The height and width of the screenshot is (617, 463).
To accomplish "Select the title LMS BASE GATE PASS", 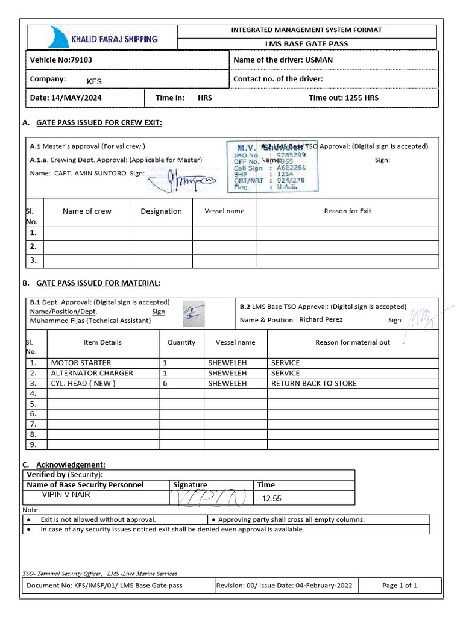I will click(x=307, y=43).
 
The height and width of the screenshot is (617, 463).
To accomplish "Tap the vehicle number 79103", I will click(x=81, y=60).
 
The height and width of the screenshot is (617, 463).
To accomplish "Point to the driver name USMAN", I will click(x=320, y=60).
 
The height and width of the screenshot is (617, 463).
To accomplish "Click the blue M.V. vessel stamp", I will click(x=272, y=167).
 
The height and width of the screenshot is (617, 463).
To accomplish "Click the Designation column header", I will click(x=161, y=211).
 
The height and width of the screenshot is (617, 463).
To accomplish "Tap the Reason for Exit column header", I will click(x=348, y=211).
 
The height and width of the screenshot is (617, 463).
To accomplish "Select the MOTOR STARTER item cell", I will click(x=81, y=363).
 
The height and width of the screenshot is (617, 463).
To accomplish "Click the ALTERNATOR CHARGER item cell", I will click(x=92, y=373).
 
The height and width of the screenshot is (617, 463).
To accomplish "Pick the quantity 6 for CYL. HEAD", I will click(x=165, y=383).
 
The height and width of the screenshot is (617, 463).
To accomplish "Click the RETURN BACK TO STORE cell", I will click(x=314, y=383).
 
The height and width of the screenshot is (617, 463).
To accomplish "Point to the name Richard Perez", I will click(x=321, y=320).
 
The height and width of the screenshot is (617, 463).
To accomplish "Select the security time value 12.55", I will click(x=271, y=499).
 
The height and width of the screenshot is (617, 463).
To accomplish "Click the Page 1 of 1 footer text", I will click(x=399, y=585).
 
